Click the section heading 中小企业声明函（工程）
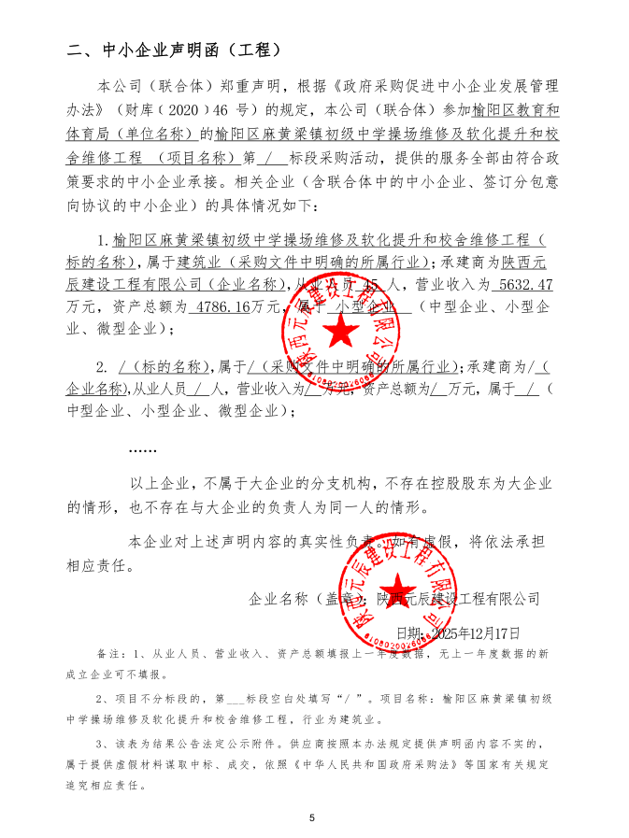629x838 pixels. point(174,50)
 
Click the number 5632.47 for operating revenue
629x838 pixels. point(527,284)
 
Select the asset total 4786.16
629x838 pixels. point(225,306)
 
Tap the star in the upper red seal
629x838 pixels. point(341,330)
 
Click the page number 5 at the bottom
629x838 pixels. point(313,818)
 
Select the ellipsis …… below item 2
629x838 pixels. point(142,449)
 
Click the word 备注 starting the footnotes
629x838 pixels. point(108,651)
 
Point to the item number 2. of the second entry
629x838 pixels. point(103,365)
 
